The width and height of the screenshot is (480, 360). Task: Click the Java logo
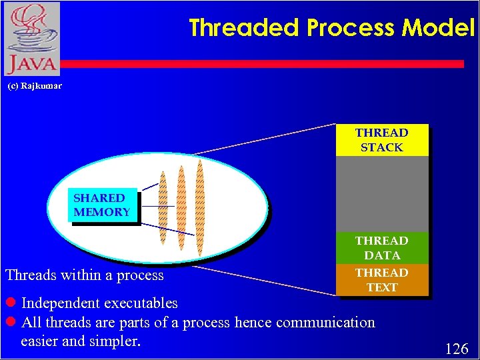[x=31, y=39]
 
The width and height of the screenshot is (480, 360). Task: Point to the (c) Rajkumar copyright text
[x=34, y=86]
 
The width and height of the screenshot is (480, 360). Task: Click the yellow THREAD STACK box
[x=381, y=140]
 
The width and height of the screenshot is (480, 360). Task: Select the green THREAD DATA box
[x=381, y=247]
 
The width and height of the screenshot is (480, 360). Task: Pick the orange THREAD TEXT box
[x=381, y=280]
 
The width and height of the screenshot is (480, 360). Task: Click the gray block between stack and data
[x=381, y=193]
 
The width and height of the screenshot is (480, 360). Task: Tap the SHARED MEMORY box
[x=102, y=205]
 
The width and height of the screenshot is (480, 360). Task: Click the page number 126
[x=456, y=349]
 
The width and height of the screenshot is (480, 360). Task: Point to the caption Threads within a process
[x=85, y=275]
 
